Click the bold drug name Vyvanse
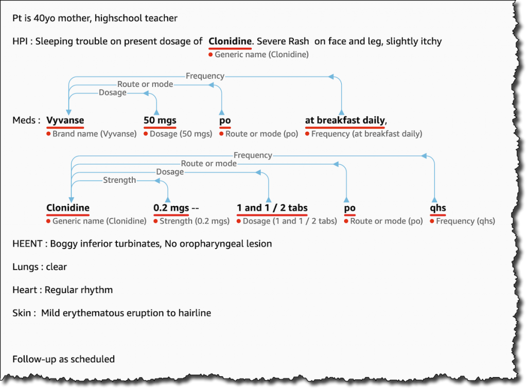tap(65, 120)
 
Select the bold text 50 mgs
tap(160, 120)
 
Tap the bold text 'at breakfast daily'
tap(344, 120)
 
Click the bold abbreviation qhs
tap(437, 208)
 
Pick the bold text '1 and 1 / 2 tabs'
tap(272, 208)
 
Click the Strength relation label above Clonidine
tap(119, 180)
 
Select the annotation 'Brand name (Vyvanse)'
tap(94, 134)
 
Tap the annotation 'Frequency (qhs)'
tap(465, 221)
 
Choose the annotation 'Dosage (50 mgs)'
tap(181, 134)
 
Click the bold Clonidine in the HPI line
tap(230, 41)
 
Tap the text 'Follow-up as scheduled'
tap(63, 359)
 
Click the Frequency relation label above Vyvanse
tap(205, 76)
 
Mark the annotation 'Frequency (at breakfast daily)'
tap(366, 134)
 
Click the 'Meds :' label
tap(27, 120)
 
